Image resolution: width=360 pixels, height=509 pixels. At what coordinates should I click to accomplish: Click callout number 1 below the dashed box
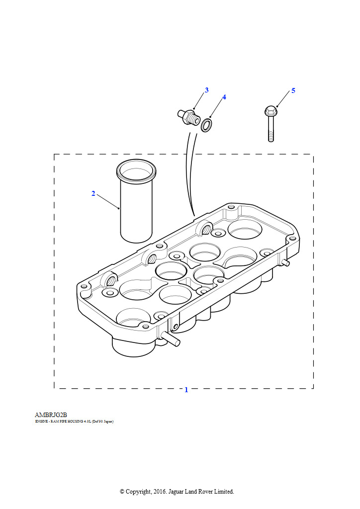tap(186, 390)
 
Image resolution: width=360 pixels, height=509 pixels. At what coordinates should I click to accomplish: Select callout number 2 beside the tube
tap(93, 194)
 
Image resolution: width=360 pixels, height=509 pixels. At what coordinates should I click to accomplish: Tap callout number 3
tap(206, 90)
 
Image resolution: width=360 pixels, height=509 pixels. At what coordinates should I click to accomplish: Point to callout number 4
tap(224, 97)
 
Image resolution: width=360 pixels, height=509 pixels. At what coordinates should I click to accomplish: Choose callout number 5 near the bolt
tap(293, 90)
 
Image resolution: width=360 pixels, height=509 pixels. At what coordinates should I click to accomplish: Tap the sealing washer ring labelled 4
tap(206, 125)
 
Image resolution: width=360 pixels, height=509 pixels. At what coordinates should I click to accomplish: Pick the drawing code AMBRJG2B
tap(51, 415)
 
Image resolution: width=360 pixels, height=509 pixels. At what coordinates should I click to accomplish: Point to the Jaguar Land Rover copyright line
tap(177, 492)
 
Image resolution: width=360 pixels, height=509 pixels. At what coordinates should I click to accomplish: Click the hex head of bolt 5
tap(270, 110)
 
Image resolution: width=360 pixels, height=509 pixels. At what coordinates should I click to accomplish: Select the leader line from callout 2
tap(108, 201)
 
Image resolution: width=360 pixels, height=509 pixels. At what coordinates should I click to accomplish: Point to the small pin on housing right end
tap(285, 262)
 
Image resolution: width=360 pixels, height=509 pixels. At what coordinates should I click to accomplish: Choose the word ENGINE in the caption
tap(41, 422)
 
